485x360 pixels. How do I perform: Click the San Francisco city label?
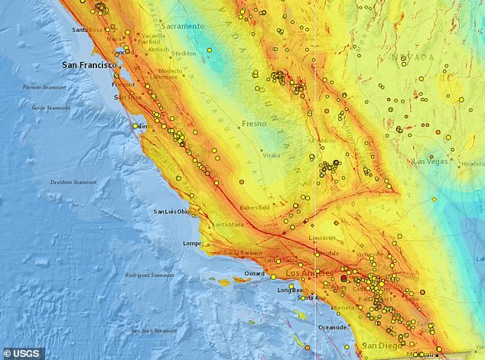coord(88,66)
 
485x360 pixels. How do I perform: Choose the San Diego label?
coord(380,345)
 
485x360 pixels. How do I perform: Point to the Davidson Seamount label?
coord(73,182)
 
